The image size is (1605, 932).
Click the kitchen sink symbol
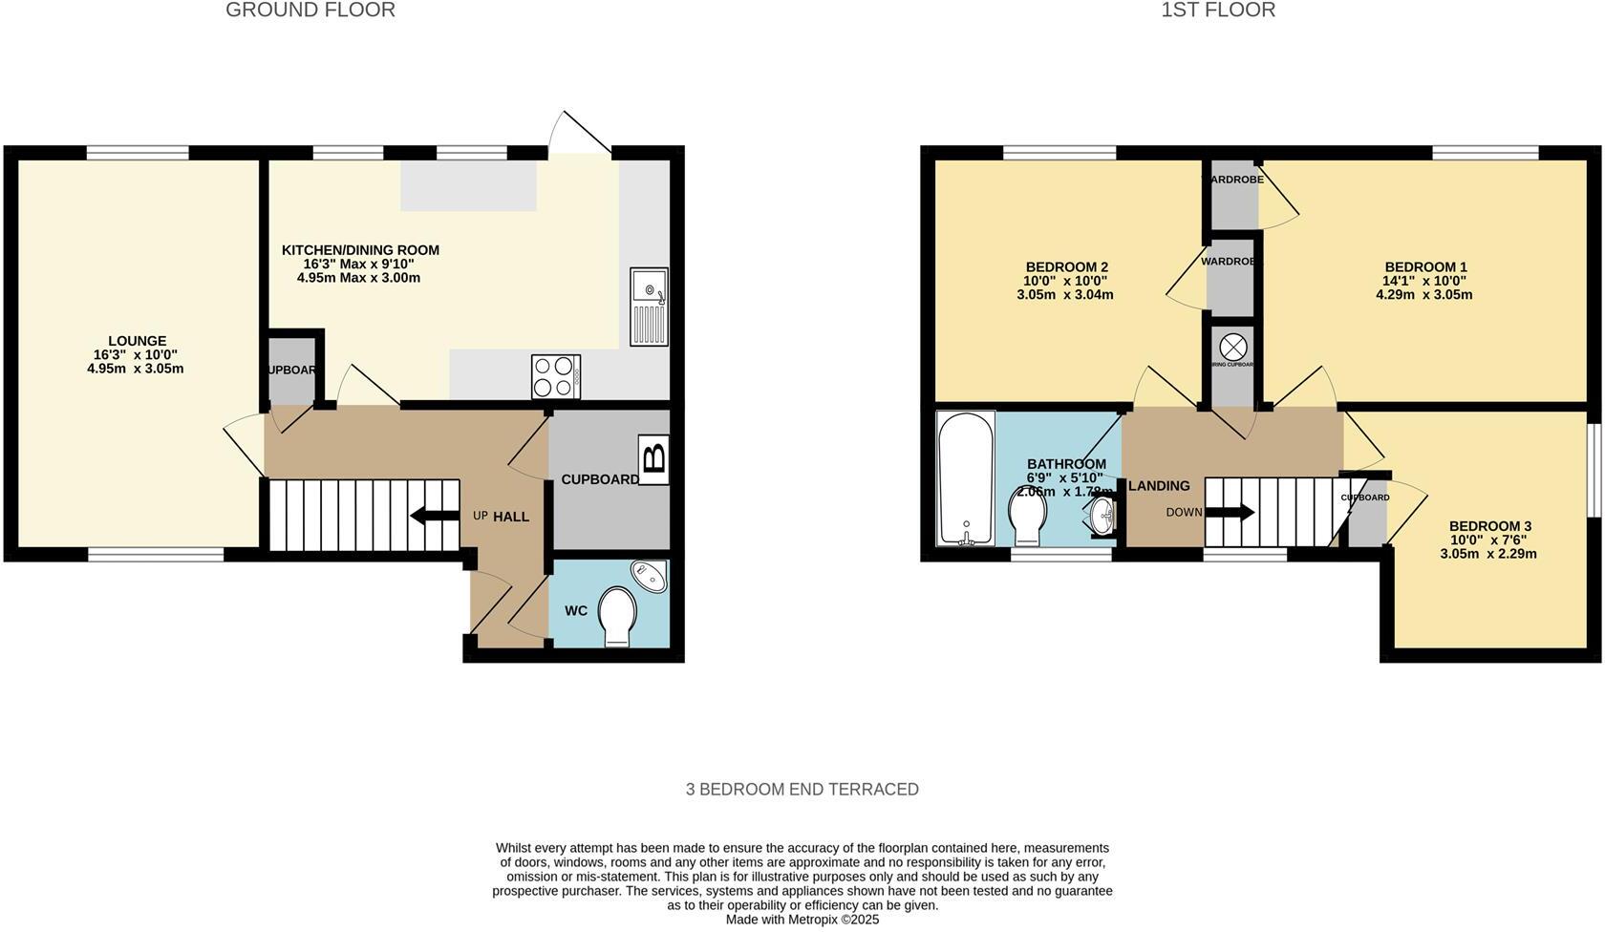649,307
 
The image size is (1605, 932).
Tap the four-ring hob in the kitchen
556,376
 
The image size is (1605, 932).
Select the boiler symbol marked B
653,459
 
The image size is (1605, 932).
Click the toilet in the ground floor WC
617,616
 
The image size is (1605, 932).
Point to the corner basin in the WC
650,576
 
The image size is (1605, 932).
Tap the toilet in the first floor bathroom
1028,517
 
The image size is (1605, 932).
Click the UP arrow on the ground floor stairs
435,516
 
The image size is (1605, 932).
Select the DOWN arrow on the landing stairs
1231,513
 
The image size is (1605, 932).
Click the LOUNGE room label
137,341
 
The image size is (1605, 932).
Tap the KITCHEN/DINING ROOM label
360,250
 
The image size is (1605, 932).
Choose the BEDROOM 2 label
1066,267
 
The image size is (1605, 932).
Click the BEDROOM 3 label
1489,526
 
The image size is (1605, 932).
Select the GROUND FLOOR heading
310,11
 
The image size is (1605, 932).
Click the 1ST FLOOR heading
1218,11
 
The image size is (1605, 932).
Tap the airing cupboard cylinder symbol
1233,346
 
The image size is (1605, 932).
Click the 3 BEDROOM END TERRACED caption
802,790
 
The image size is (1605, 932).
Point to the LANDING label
1159,486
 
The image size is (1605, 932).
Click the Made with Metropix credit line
802,920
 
